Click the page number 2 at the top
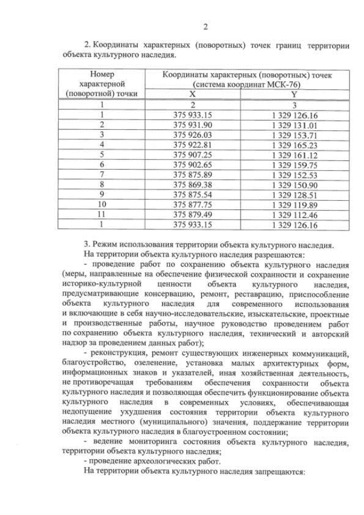[x=205, y=27]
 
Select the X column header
[x=192, y=94]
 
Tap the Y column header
[x=294, y=94]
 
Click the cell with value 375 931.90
[x=192, y=125]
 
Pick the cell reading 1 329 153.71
[x=295, y=135]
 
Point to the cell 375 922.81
[x=192, y=145]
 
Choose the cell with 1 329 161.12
[x=295, y=155]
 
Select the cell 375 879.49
[x=192, y=215]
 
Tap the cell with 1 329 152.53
[x=295, y=175]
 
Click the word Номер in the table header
[x=102, y=75]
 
